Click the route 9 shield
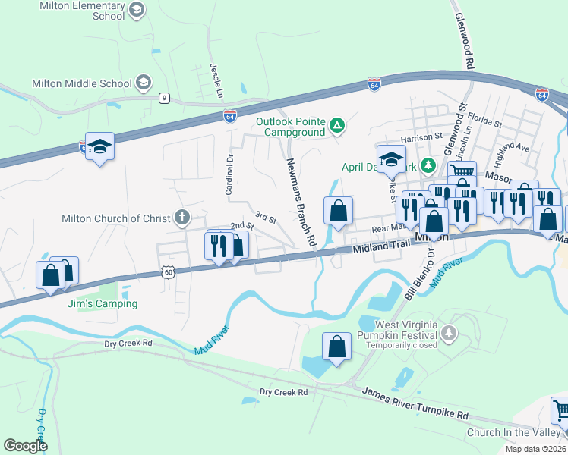tap(164, 98)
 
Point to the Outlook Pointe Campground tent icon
tap(336, 126)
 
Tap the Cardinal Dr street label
tap(229, 175)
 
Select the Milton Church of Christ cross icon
tap(181, 218)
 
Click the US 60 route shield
tap(168, 271)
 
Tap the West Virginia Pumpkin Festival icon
tap(450, 331)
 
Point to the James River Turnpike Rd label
tap(415, 404)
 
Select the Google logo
tap(26, 446)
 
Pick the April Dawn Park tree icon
tap(428, 164)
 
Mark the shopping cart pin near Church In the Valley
tap(560, 412)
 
